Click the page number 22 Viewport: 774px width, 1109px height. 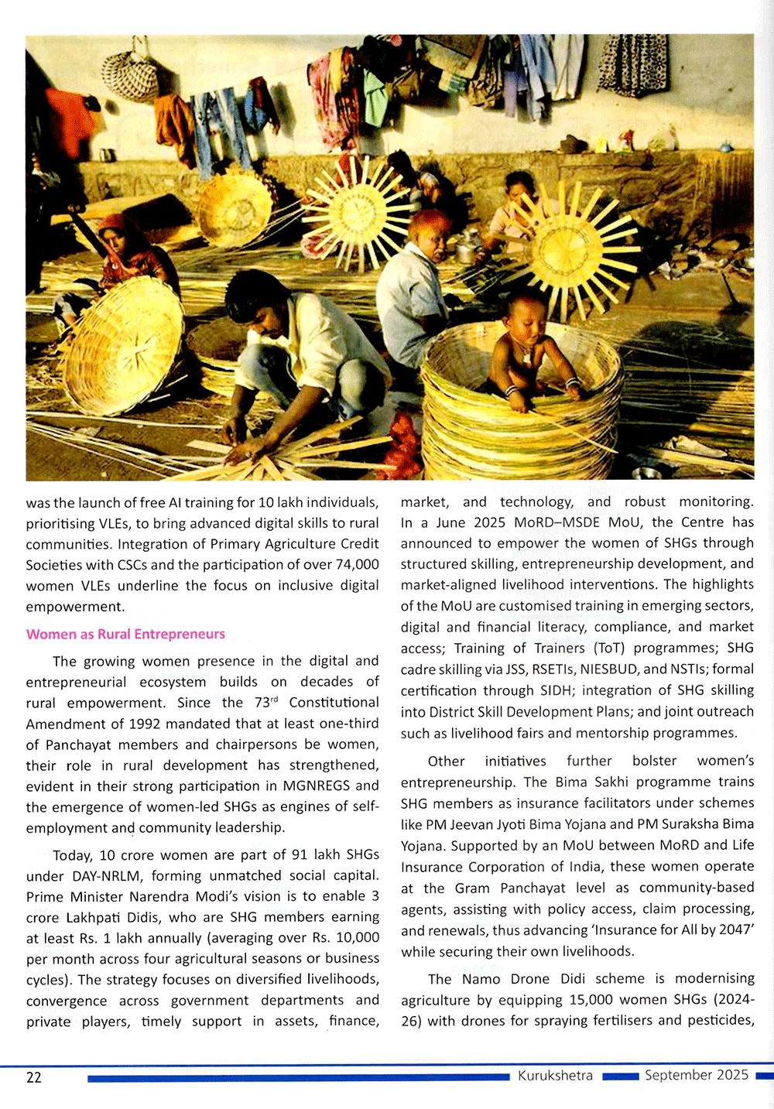(x=34, y=1077)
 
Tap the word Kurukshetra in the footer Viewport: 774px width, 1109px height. (x=555, y=1076)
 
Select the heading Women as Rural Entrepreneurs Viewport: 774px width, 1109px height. (x=125, y=634)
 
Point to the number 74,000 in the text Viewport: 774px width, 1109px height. (x=357, y=564)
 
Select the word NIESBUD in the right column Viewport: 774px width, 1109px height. (x=609, y=669)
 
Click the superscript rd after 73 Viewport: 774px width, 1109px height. (x=272, y=699)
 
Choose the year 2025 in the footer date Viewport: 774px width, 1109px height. (x=731, y=1075)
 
